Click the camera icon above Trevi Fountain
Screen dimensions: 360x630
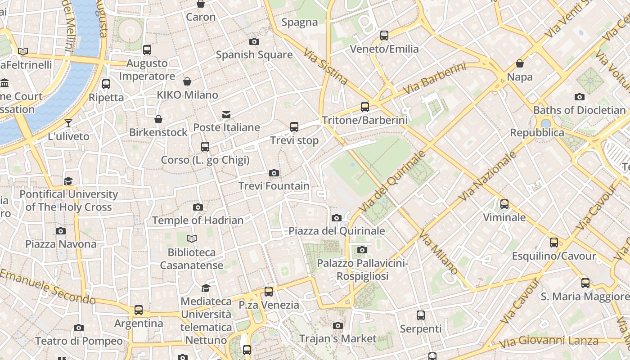274,173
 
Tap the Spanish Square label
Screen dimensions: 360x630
254,55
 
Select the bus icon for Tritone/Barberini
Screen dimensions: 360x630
364,107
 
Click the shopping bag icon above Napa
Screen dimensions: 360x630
520,63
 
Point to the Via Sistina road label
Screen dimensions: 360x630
326,67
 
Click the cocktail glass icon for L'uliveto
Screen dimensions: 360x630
68,123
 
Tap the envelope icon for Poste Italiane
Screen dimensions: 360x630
226,115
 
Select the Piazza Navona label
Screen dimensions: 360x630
61,244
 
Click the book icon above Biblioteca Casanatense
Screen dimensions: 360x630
192,238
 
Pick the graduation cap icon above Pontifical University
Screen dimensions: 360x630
68,181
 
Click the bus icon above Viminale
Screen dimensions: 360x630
504,204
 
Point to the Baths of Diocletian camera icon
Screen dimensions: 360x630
579,97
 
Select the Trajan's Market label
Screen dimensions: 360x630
337,338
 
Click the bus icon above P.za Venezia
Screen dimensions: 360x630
269,292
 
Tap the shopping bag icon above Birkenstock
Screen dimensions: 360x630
158,119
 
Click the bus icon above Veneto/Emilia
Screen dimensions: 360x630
384,36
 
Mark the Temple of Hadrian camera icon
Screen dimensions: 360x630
198,207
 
